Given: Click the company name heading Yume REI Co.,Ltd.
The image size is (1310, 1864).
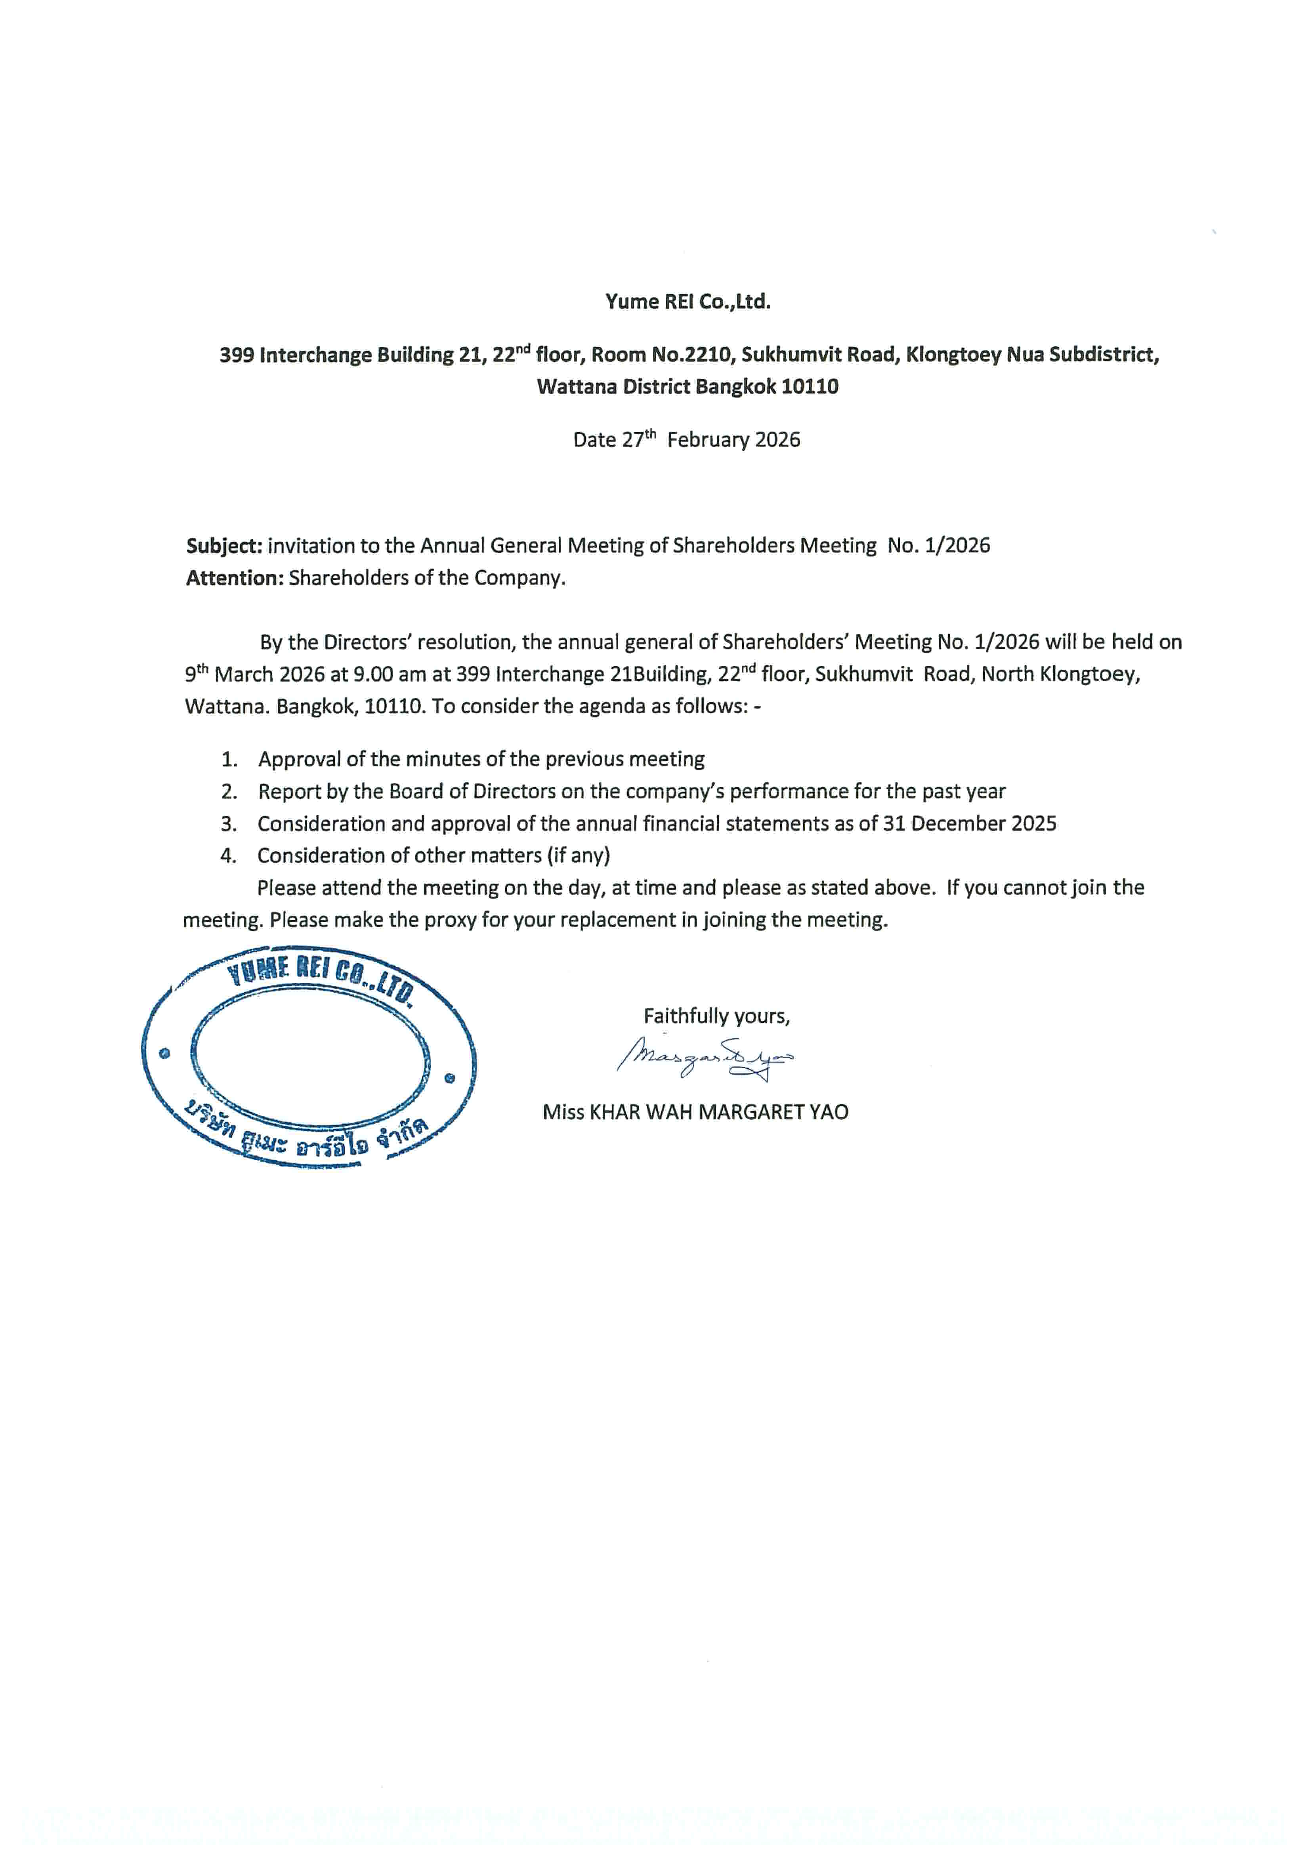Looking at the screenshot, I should click(x=687, y=302).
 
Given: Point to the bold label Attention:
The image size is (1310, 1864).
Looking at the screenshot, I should click(x=235, y=578).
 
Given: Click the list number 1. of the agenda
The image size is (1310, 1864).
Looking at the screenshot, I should click(x=230, y=760).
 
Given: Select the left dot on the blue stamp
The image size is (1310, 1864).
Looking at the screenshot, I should click(x=165, y=1054).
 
